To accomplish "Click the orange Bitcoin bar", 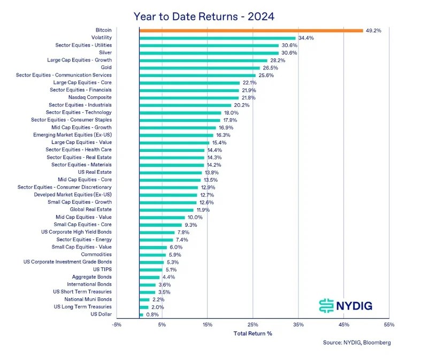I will point(251,30).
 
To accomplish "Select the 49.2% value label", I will point(374,30).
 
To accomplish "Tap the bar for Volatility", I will point(217,38).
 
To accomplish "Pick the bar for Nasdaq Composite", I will point(189,98).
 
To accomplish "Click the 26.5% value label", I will point(271,68).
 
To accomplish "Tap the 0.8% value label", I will point(152,314).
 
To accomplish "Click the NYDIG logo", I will point(345,305).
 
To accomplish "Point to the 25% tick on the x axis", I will point(253,325).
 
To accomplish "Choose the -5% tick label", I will point(117,325).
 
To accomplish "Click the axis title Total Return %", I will point(253,334).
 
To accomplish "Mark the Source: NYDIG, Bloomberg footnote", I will point(357,343).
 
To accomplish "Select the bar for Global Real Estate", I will point(166,210).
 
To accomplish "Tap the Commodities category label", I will point(96,255).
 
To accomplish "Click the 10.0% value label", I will point(195,217).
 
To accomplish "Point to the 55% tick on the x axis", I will point(389,325).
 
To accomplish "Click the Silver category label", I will point(105,53).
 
